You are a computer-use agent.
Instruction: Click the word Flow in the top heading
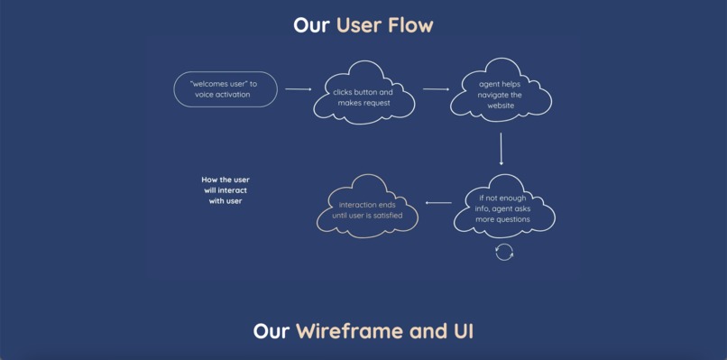coord(410,25)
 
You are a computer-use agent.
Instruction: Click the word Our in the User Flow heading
coord(312,25)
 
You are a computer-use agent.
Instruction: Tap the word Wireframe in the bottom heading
coord(349,331)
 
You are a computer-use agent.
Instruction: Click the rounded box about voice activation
coord(225,89)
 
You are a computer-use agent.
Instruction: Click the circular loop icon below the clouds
coord(504,252)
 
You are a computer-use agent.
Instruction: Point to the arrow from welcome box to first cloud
coord(298,89)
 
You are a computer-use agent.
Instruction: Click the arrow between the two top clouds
coord(436,89)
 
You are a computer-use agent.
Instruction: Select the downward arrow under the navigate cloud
coord(501,148)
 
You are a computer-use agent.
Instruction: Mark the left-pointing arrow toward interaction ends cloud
coord(438,203)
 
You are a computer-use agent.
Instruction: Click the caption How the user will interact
coord(225,190)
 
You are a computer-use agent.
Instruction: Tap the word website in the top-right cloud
coord(501,106)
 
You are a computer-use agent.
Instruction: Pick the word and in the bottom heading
coord(425,331)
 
